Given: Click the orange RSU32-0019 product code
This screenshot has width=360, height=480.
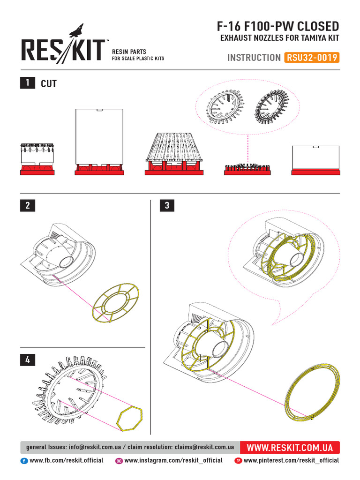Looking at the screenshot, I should pos(311,58).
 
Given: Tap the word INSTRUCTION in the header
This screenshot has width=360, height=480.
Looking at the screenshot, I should pos(254,58).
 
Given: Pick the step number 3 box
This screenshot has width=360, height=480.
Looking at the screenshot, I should pos(167,205).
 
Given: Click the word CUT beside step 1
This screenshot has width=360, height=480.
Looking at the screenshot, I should pos(49,83).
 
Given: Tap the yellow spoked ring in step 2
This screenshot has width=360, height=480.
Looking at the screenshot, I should pos(117,303).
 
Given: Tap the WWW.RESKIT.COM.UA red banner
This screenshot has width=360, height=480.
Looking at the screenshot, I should pos(289,447).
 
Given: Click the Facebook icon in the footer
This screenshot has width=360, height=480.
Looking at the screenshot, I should pos(24,461).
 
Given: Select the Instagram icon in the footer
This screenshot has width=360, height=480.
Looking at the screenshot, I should pos(119,461).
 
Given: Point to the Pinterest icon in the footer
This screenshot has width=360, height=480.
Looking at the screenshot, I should pos(238,461).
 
